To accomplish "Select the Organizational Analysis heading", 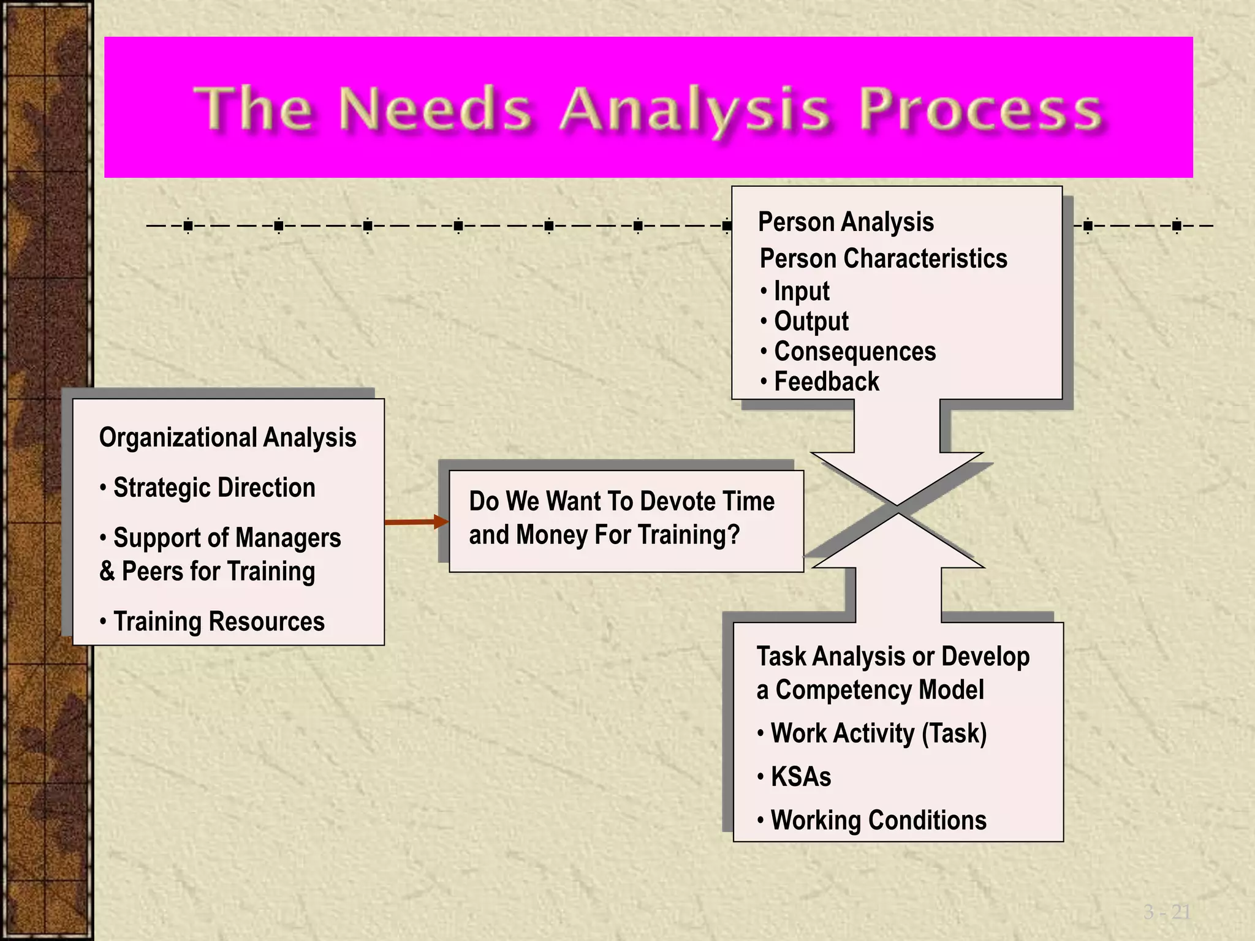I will coord(227,438).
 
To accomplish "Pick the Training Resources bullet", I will coord(218,622).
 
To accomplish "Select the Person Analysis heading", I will coord(846,222).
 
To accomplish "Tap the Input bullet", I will coord(801,291).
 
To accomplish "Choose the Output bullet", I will coord(811,322).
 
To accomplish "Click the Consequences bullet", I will coord(854,352).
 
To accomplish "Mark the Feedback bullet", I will coord(826,382).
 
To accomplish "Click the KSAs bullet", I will coord(800,777).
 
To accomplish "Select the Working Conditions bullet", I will coord(878,820).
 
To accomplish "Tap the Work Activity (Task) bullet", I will coord(878,733).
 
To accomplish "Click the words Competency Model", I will coord(879,690).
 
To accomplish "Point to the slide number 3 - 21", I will coord(1166,912).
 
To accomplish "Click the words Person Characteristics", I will coord(883,259).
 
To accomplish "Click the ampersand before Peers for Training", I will coord(107,572).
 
